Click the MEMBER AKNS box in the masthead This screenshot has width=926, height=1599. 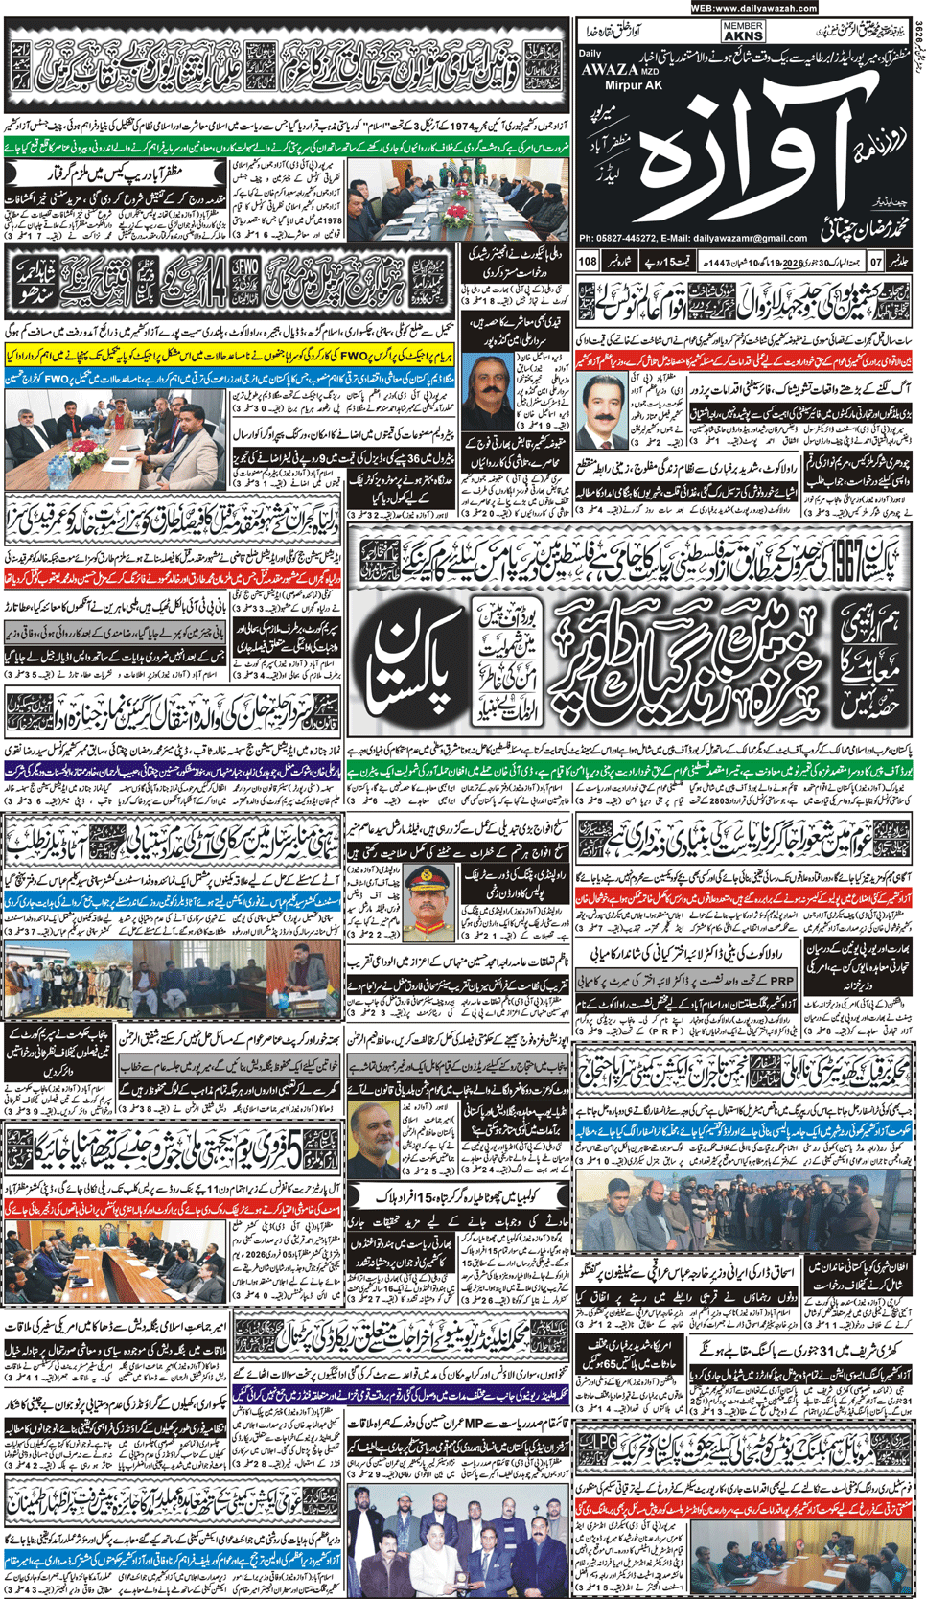pos(743,32)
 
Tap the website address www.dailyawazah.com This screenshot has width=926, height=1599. pos(752,8)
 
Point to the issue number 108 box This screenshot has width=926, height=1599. pos(588,261)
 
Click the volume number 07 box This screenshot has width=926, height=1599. pos(875,261)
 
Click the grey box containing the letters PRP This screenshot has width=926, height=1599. pos(782,981)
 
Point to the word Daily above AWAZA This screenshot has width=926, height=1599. pos(590,54)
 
